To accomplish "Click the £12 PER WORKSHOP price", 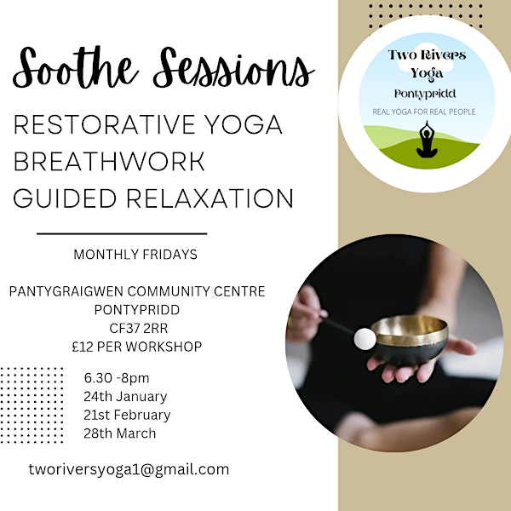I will click(x=136, y=346).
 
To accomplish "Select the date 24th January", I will click(x=125, y=396).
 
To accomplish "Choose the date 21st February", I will click(x=127, y=415).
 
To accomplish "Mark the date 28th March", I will click(x=120, y=433).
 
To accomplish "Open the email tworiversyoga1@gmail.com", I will click(x=129, y=469).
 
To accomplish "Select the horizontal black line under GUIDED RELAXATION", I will click(x=123, y=233).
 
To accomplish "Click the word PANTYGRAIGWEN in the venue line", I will click(x=68, y=291).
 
